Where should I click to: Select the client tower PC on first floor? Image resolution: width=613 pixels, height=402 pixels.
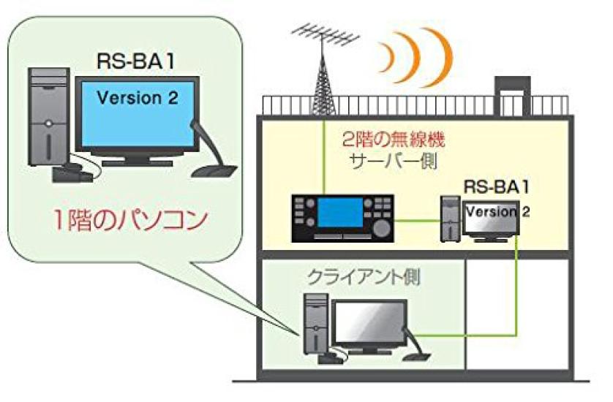(x=315, y=323)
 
